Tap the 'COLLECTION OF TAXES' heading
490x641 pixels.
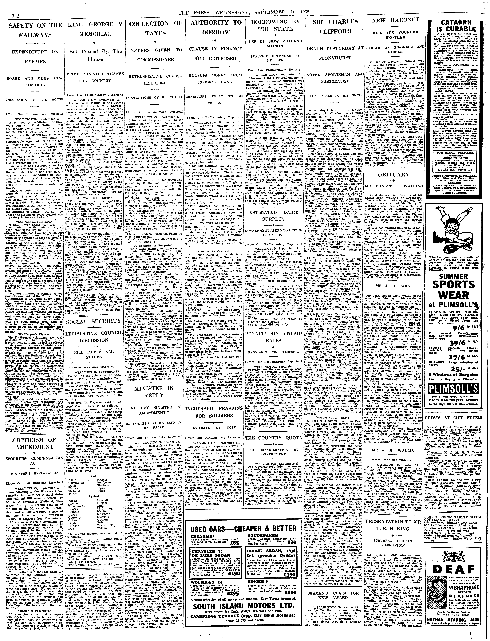click(x=156, y=28)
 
